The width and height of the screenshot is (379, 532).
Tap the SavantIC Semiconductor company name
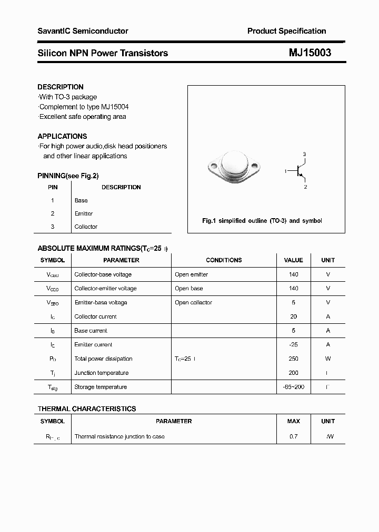[x=83, y=31]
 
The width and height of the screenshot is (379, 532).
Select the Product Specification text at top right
[x=286, y=31]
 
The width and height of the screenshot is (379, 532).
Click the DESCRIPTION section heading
[x=61, y=87]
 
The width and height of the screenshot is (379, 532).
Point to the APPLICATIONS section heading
[x=62, y=136]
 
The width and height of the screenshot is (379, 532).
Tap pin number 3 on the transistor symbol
[x=304, y=154]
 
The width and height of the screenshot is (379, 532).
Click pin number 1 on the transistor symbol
[x=285, y=171]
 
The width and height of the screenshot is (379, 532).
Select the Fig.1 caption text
[x=262, y=221]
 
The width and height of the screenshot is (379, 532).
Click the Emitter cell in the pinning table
[x=84, y=213]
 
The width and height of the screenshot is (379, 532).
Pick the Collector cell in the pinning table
[x=86, y=227]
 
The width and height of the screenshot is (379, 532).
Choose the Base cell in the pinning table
[x=81, y=200]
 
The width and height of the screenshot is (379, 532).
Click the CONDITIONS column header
[x=224, y=260]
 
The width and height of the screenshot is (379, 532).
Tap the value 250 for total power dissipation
[x=293, y=359]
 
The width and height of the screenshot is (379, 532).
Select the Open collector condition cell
[x=193, y=302]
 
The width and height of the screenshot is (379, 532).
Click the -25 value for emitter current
[x=293, y=344]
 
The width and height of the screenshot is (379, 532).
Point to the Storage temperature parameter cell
[x=101, y=387]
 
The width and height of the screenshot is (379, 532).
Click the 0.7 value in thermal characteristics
[x=293, y=436]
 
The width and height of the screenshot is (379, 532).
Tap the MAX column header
[x=293, y=421]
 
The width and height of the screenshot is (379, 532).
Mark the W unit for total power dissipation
[x=328, y=359]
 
